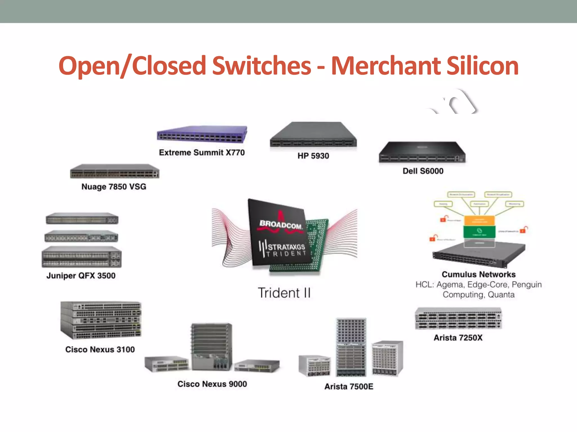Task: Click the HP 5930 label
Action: point(313,156)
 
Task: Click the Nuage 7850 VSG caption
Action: point(114,187)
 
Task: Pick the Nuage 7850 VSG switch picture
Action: point(114,171)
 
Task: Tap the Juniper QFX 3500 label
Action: point(81,276)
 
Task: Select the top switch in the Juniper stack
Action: point(82,219)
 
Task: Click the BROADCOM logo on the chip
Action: point(281,225)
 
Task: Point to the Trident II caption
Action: point(284,293)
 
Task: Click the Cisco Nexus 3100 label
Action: point(100,350)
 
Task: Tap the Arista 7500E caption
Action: point(349,387)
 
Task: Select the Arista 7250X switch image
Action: point(458,319)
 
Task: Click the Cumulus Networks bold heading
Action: point(478,274)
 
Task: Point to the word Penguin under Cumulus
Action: point(527,285)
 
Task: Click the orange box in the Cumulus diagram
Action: point(479,220)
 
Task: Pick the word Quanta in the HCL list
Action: point(501,295)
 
